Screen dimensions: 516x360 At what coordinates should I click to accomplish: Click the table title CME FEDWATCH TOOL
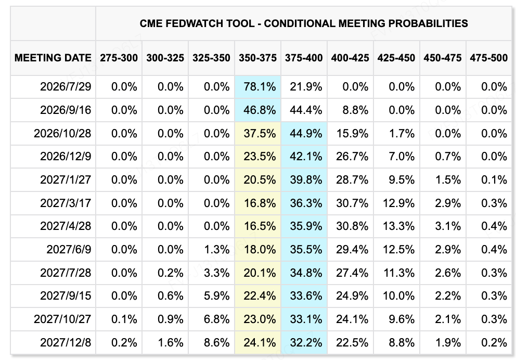click(x=197, y=23)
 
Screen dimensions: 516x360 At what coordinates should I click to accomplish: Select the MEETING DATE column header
click(x=53, y=58)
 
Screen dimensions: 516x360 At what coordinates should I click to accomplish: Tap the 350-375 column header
click(x=257, y=58)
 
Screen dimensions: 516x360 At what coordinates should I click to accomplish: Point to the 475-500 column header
click(x=488, y=58)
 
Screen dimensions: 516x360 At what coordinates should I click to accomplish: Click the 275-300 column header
click(x=119, y=58)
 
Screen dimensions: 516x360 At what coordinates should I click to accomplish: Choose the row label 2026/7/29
click(x=66, y=86)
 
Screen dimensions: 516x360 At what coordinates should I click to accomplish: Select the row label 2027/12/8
click(x=66, y=342)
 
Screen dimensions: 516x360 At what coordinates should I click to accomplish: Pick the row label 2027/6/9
click(x=69, y=249)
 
